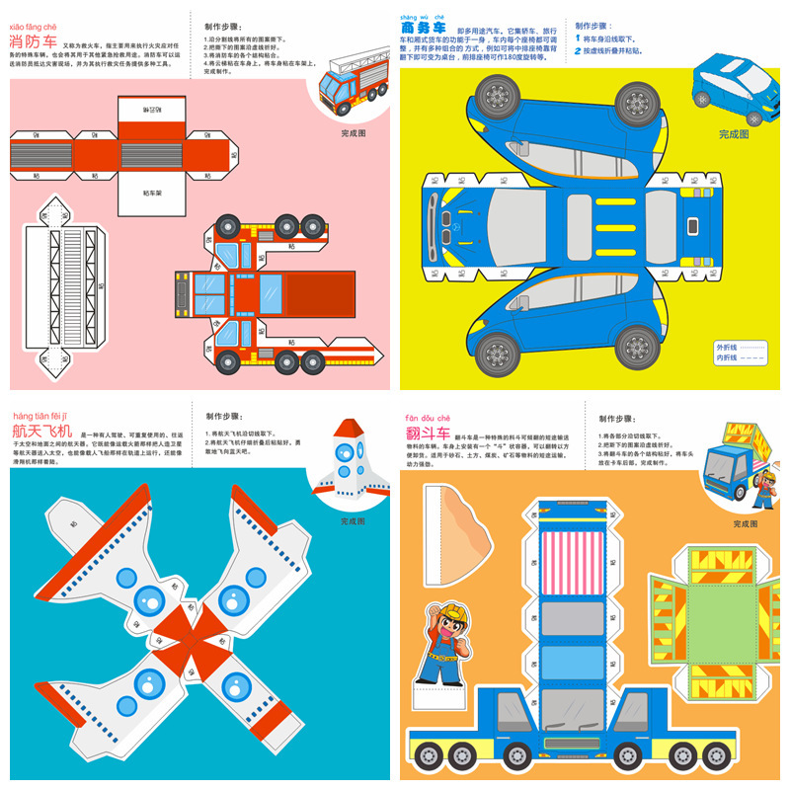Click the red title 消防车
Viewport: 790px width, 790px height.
point(33,42)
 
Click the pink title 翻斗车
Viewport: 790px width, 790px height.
point(427,434)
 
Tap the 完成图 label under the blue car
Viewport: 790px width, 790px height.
point(734,134)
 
